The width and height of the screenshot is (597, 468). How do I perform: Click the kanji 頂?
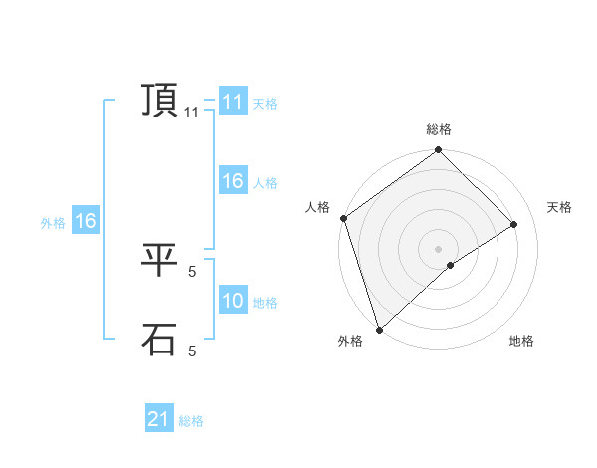click(x=159, y=102)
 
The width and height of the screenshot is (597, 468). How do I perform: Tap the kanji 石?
click(x=159, y=341)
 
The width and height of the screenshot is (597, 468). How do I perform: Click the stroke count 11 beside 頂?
click(x=192, y=114)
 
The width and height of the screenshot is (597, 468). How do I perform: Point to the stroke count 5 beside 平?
click(x=192, y=271)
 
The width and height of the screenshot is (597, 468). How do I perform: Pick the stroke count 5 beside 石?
click(x=192, y=351)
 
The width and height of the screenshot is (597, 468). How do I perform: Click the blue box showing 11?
click(x=233, y=103)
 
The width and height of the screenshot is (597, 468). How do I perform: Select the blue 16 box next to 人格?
click(x=233, y=182)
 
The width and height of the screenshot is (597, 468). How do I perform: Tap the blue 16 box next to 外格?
click(x=86, y=222)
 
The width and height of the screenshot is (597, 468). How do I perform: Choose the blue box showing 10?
click(x=233, y=302)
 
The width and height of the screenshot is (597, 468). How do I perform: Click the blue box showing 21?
click(x=159, y=420)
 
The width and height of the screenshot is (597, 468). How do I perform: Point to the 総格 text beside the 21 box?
click(x=191, y=421)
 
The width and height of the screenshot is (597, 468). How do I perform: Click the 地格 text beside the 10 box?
click(x=265, y=303)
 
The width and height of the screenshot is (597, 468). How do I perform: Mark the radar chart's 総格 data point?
click(x=439, y=150)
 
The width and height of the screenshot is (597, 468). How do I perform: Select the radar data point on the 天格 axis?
click(x=514, y=224)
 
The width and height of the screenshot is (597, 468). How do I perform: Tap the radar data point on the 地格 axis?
click(x=451, y=265)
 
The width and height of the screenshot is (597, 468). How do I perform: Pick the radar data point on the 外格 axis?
click(x=379, y=330)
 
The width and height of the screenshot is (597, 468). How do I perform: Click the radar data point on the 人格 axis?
click(x=343, y=218)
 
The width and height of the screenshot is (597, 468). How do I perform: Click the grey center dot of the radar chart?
click(x=438, y=248)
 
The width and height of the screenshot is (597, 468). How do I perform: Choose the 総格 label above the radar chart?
click(x=439, y=130)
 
